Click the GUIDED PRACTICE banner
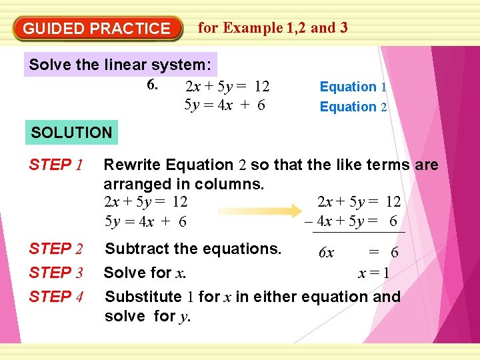tap(97, 29)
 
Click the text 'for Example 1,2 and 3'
tap(273, 27)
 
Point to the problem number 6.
tap(152, 85)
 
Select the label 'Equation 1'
tap(353, 87)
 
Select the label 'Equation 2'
tap(353, 107)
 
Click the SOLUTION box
tap(71, 132)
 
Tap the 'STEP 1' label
tap(55, 164)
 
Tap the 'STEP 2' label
tap(55, 249)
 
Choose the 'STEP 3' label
tap(55, 273)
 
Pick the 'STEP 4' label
tap(55, 296)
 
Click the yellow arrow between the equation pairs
tap(257, 211)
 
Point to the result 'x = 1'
tap(373, 273)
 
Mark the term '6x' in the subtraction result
tap(326, 253)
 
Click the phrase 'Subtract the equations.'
tap(193, 249)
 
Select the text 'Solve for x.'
tap(145, 273)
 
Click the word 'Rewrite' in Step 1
tap(133, 164)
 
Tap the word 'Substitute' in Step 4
tap(143, 296)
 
